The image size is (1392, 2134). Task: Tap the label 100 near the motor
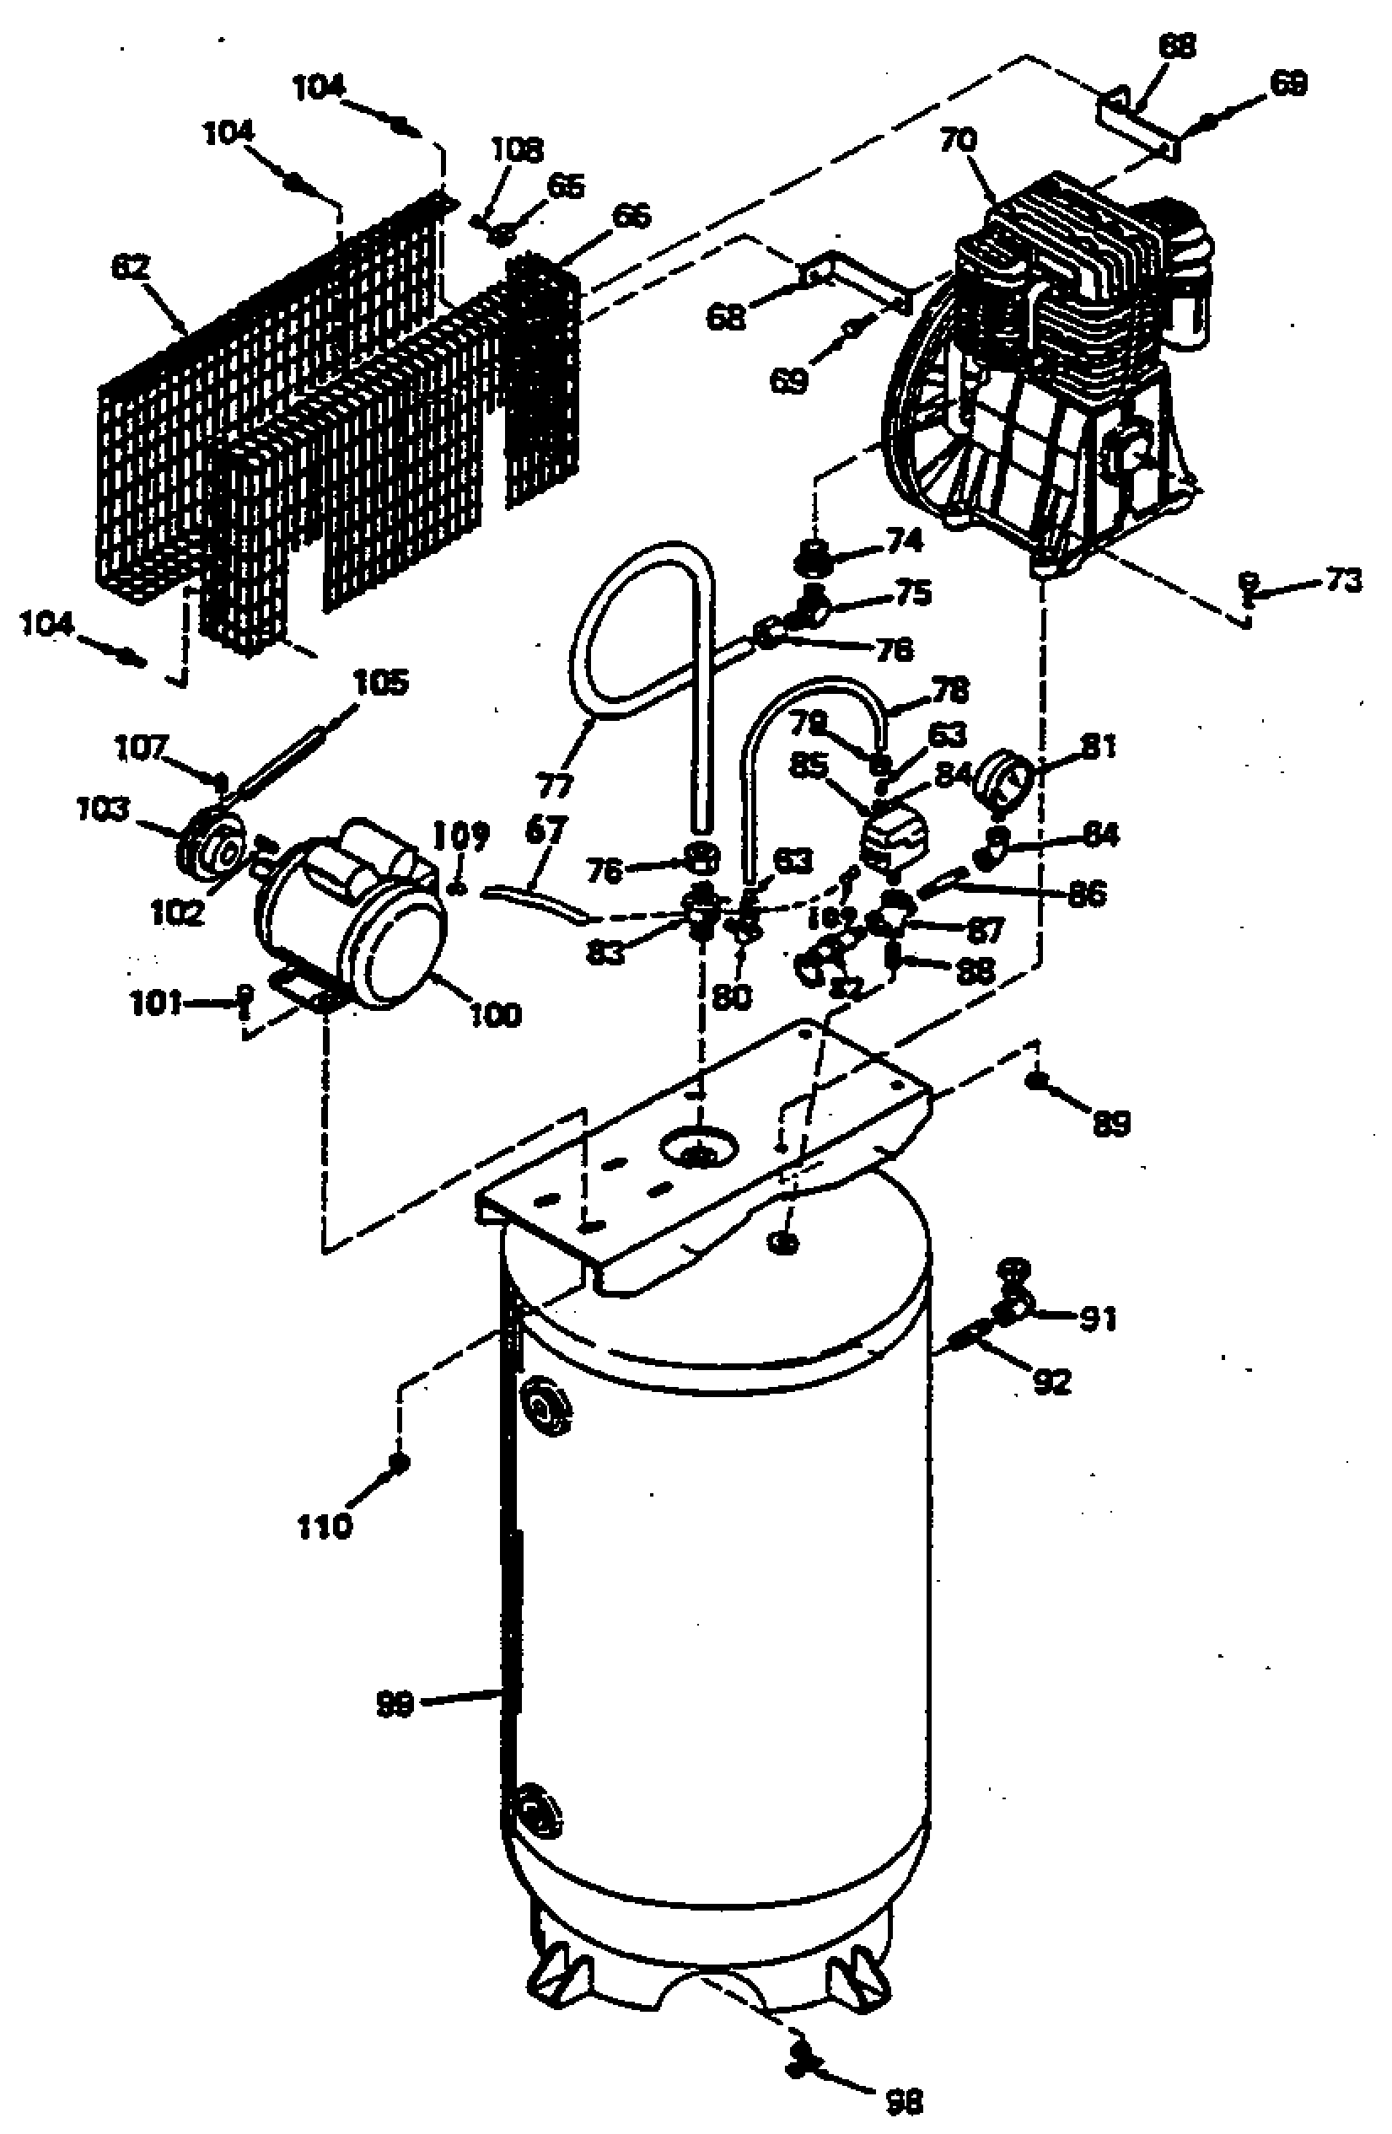(495, 1016)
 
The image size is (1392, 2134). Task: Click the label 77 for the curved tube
(553, 787)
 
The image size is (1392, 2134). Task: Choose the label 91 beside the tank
(1097, 1318)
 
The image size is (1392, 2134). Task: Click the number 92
(1051, 1382)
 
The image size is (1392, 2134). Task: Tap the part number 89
(1110, 1122)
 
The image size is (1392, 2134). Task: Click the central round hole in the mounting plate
(698, 1147)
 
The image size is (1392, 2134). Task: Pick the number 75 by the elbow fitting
(910, 594)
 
